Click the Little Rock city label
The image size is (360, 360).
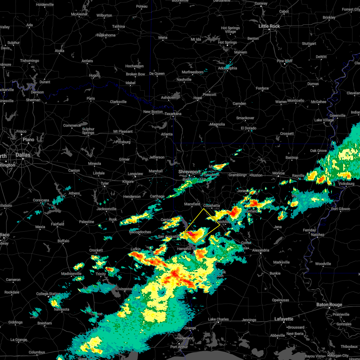point(269,26)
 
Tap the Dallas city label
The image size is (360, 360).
point(23,155)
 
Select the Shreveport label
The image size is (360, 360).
point(190,172)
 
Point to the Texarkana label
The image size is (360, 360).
point(173,114)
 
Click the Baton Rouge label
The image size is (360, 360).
point(329,305)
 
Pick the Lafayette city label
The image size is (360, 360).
point(284,319)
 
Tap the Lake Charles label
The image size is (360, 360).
point(218,319)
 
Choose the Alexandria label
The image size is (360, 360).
point(261,250)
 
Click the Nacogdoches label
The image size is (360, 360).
point(140,232)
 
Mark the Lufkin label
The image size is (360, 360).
point(136,249)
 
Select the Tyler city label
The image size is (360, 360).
point(105,183)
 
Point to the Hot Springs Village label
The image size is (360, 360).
point(230,30)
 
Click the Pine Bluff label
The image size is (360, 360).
point(285,61)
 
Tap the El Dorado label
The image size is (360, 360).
point(248,128)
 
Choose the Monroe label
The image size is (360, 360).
point(278,173)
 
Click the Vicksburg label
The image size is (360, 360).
point(346,184)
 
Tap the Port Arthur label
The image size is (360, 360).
point(179,347)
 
